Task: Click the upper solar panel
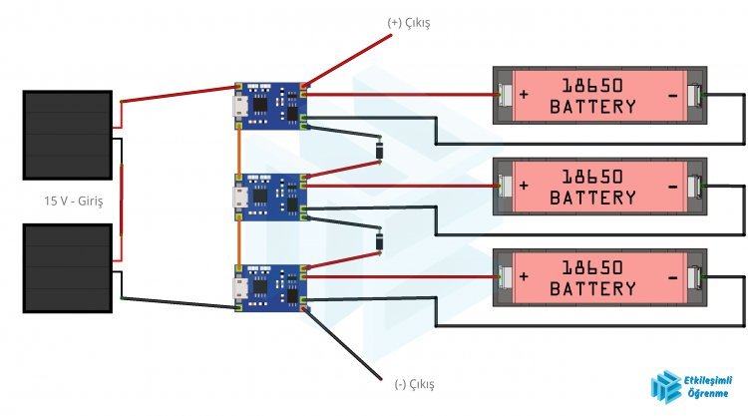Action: (x=67, y=136)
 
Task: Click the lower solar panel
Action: (x=67, y=267)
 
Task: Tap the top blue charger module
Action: (x=270, y=106)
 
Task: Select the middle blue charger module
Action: (x=270, y=196)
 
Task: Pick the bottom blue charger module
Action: (x=270, y=287)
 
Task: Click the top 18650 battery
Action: (x=599, y=96)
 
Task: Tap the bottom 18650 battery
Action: (x=599, y=278)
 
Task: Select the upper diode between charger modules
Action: (x=379, y=151)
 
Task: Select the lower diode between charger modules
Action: (x=379, y=241)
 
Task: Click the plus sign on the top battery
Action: (x=526, y=96)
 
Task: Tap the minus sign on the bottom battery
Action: (x=673, y=278)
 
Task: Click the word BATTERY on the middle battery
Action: (x=592, y=198)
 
